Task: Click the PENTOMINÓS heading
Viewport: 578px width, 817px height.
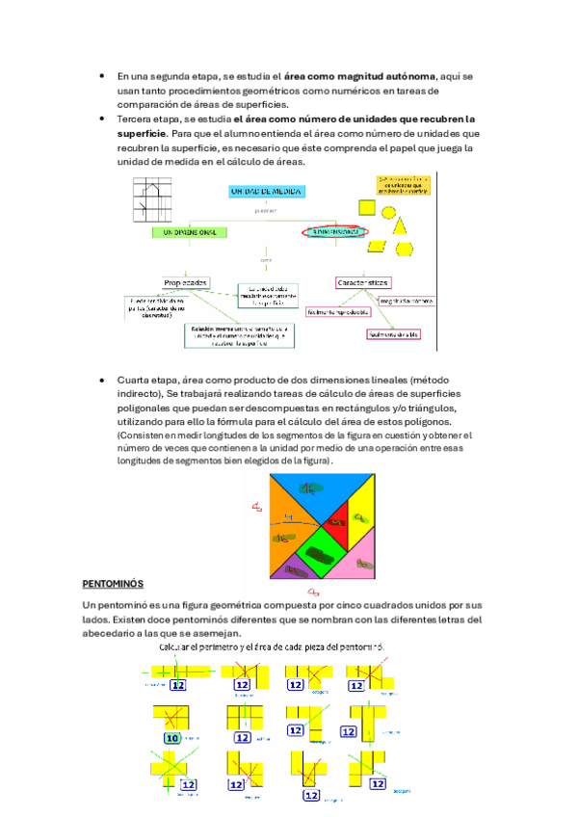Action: point(113,584)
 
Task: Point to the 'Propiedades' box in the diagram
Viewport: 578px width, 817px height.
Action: point(186,282)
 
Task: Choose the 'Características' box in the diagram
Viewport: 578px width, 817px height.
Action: point(362,282)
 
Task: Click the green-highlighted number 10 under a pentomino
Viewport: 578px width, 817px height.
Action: point(172,738)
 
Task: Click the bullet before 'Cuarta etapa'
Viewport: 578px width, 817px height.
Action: point(102,381)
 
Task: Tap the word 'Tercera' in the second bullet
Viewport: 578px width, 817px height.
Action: point(136,118)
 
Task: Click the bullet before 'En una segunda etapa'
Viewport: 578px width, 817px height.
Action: point(102,75)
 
